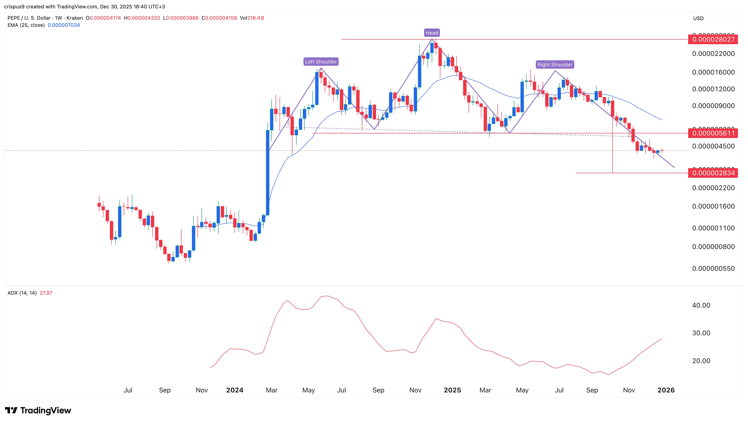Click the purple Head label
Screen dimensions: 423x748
point(432,33)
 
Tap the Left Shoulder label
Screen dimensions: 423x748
point(321,62)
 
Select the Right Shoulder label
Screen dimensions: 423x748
point(555,64)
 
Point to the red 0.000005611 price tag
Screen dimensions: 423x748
point(713,133)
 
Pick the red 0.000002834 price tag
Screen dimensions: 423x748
point(713,173)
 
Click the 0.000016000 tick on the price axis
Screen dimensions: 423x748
point(713,72)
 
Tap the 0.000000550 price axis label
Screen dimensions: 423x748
point(713,268)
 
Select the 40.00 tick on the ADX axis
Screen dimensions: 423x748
point(701,305)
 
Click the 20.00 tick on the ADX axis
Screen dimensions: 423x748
point(701,361)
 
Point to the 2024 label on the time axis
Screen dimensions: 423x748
point(235,390)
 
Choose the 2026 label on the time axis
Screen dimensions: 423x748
point(666,390)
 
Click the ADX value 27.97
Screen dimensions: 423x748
point(46,293)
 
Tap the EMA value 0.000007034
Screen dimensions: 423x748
point(64,25)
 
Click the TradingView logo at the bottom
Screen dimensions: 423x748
point(38,410)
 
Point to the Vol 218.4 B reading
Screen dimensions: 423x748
point(252,18)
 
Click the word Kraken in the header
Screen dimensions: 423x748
point(75,18)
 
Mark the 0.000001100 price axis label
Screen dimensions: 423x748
point(713,228)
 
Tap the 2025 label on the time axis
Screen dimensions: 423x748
point(452,390)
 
